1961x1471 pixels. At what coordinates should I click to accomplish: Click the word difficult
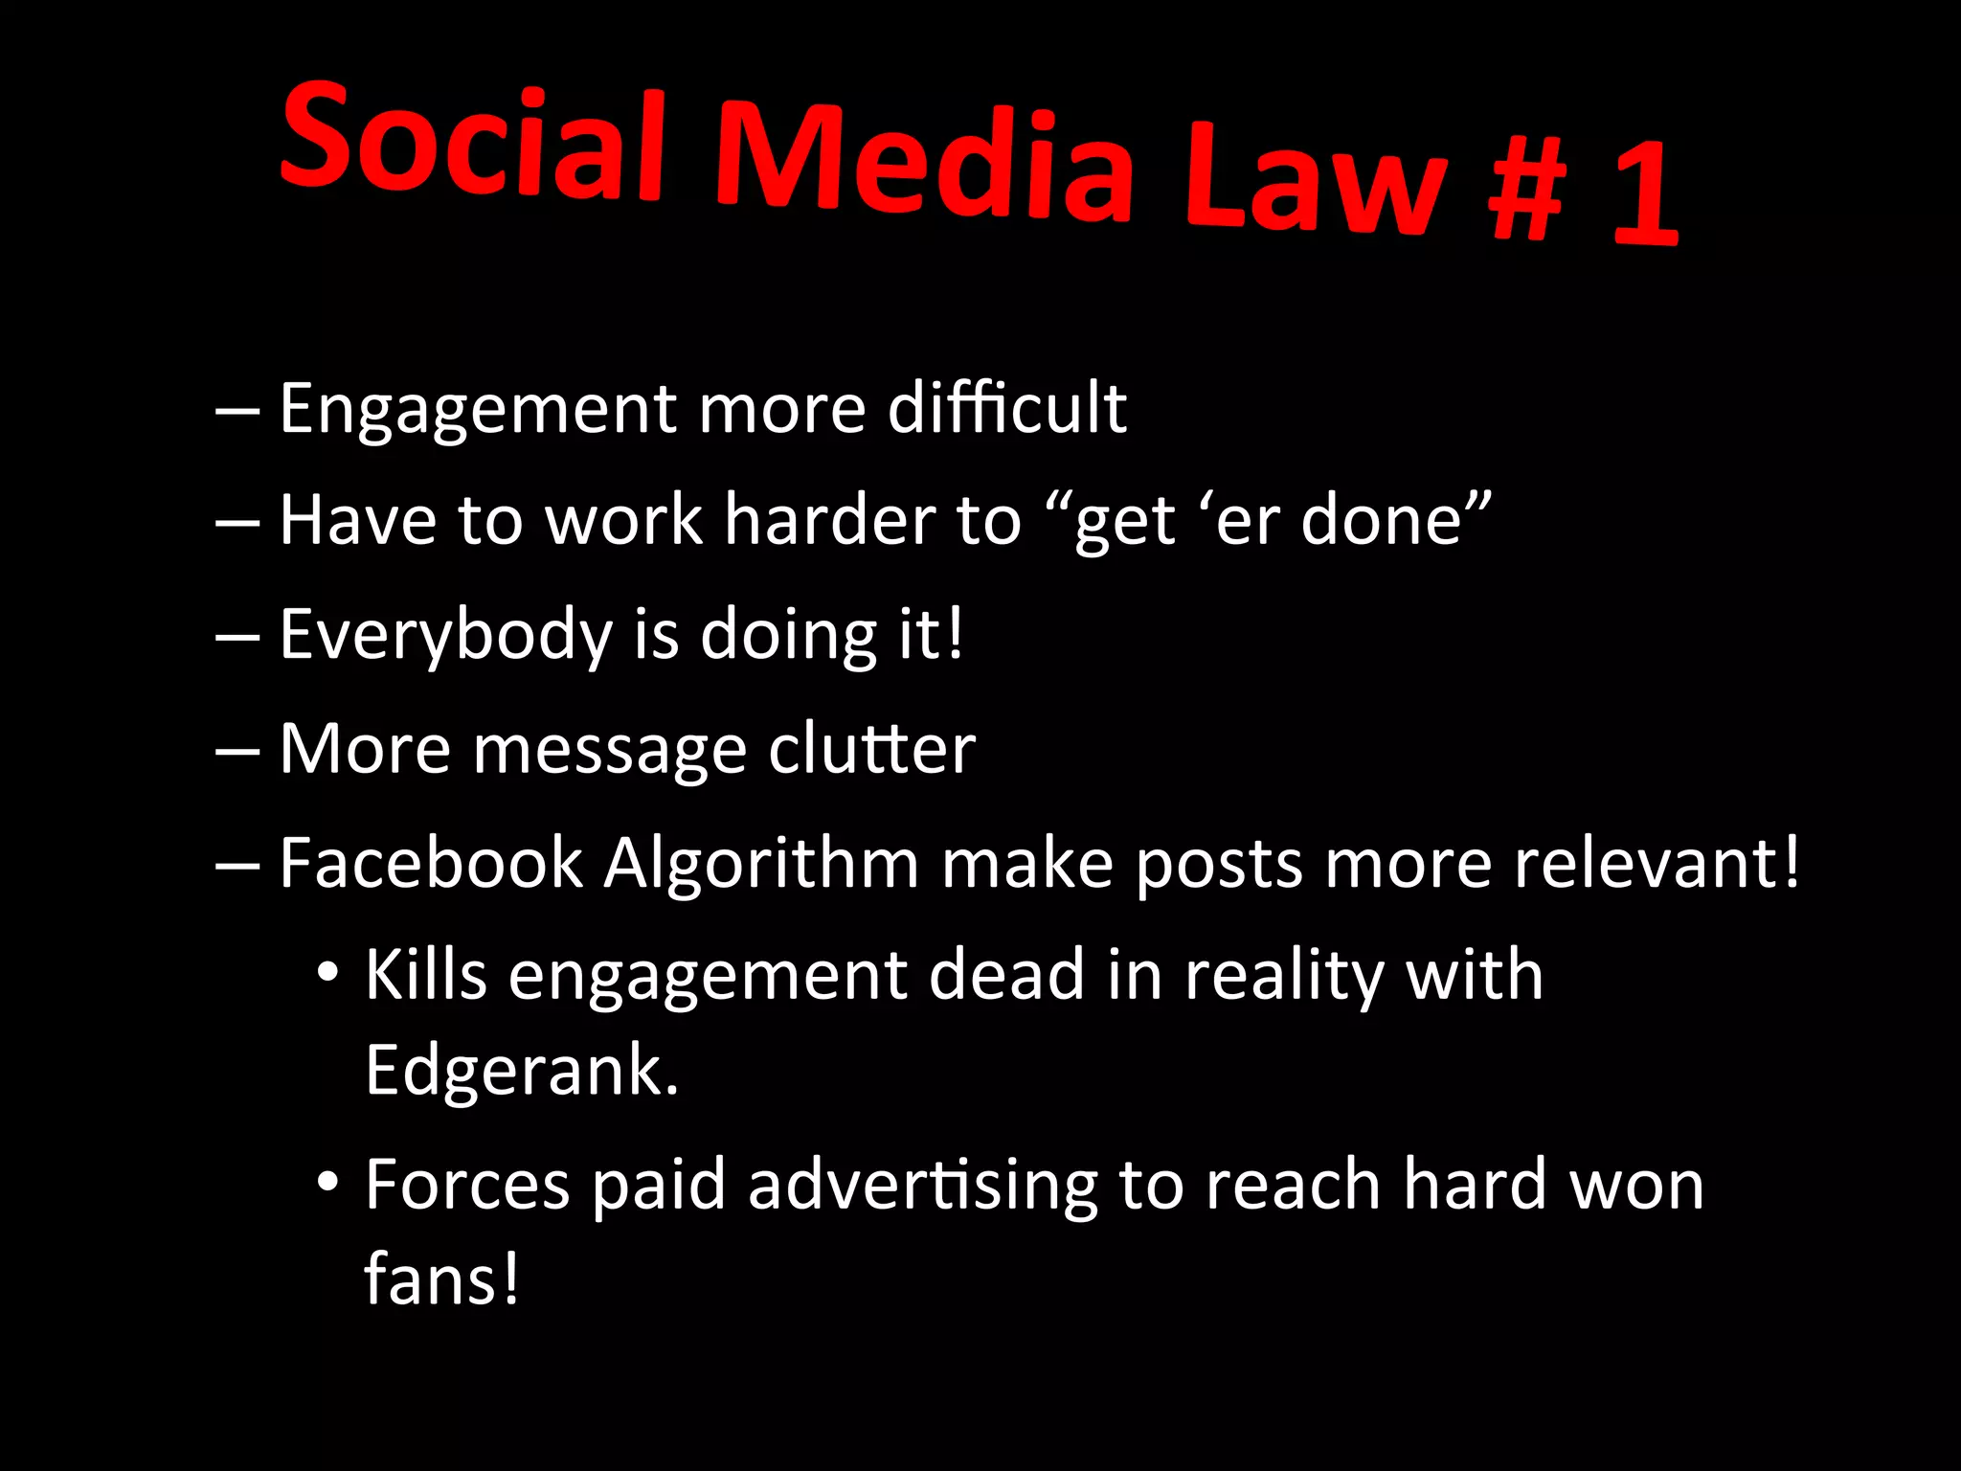pos(1006,409)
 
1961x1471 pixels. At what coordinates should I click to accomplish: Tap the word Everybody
pos(445,636)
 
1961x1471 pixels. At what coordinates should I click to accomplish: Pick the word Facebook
pos(431,864)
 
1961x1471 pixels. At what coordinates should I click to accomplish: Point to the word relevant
pos(1657,864)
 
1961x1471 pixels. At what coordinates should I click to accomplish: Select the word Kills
pos(426,976)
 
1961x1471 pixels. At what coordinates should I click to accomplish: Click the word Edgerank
pos(522,1071)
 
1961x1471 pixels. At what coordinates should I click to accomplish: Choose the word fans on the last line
pos(440,1279)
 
